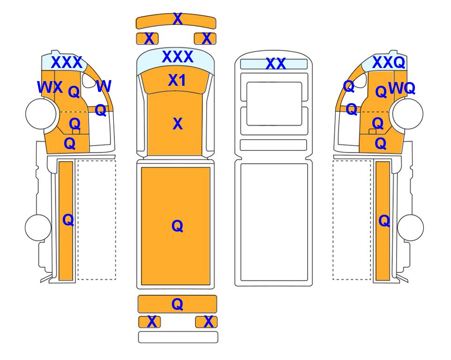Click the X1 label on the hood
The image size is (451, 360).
[x=177, y=80]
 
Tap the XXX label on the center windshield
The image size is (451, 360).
[x=177, y=57]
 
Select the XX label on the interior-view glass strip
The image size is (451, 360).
[x=275, y=64]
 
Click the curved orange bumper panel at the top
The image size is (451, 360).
[x=176, y=21]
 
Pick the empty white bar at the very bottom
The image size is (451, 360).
[x=178, y=337]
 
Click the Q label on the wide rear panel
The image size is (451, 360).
[x=177, y=304]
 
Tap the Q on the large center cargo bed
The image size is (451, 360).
[x=177, y=226]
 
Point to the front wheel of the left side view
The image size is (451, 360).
[x=41, y=113]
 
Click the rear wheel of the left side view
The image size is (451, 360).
[x=38, y=227]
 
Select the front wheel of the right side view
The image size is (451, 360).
[x=408, y=113]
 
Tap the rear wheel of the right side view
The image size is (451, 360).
[x=410, y=227]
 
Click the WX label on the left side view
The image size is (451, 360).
[x=50, y=87]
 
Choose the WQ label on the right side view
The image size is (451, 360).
[x=402, y=88]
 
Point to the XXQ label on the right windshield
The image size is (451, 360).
[x=389, y=62]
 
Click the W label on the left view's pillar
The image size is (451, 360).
[x=104, y=86]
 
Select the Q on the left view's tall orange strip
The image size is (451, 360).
[x=68, y=220]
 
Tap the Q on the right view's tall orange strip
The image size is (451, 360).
[x=384, y=221]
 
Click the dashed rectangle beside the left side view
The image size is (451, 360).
[x=96, y=220]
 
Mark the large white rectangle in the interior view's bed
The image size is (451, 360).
[x=274, y=222]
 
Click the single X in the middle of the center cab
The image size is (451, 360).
[x=178, y=124]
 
